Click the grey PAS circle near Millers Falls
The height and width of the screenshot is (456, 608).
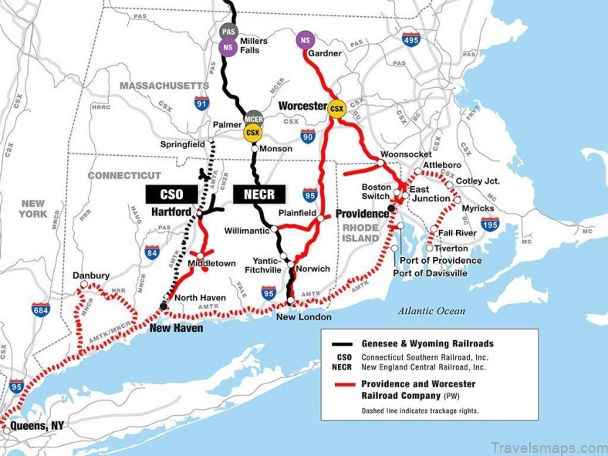[x=228, y=32]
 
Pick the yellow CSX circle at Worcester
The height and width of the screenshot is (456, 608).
[x=336, y=109]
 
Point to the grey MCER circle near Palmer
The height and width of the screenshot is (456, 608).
[x=253, y=120]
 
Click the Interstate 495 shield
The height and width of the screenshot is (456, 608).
[x=410, y=39]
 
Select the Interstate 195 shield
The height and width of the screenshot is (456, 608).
[x=490, y=224]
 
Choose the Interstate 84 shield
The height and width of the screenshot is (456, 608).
[x=151, y=252]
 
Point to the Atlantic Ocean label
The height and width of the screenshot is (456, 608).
[x=432, y=311]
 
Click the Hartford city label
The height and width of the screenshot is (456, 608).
[x=171, y=211]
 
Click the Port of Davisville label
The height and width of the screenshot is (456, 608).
[x=431, y=273]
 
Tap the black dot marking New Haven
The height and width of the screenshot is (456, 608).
[x=163, y=306]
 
